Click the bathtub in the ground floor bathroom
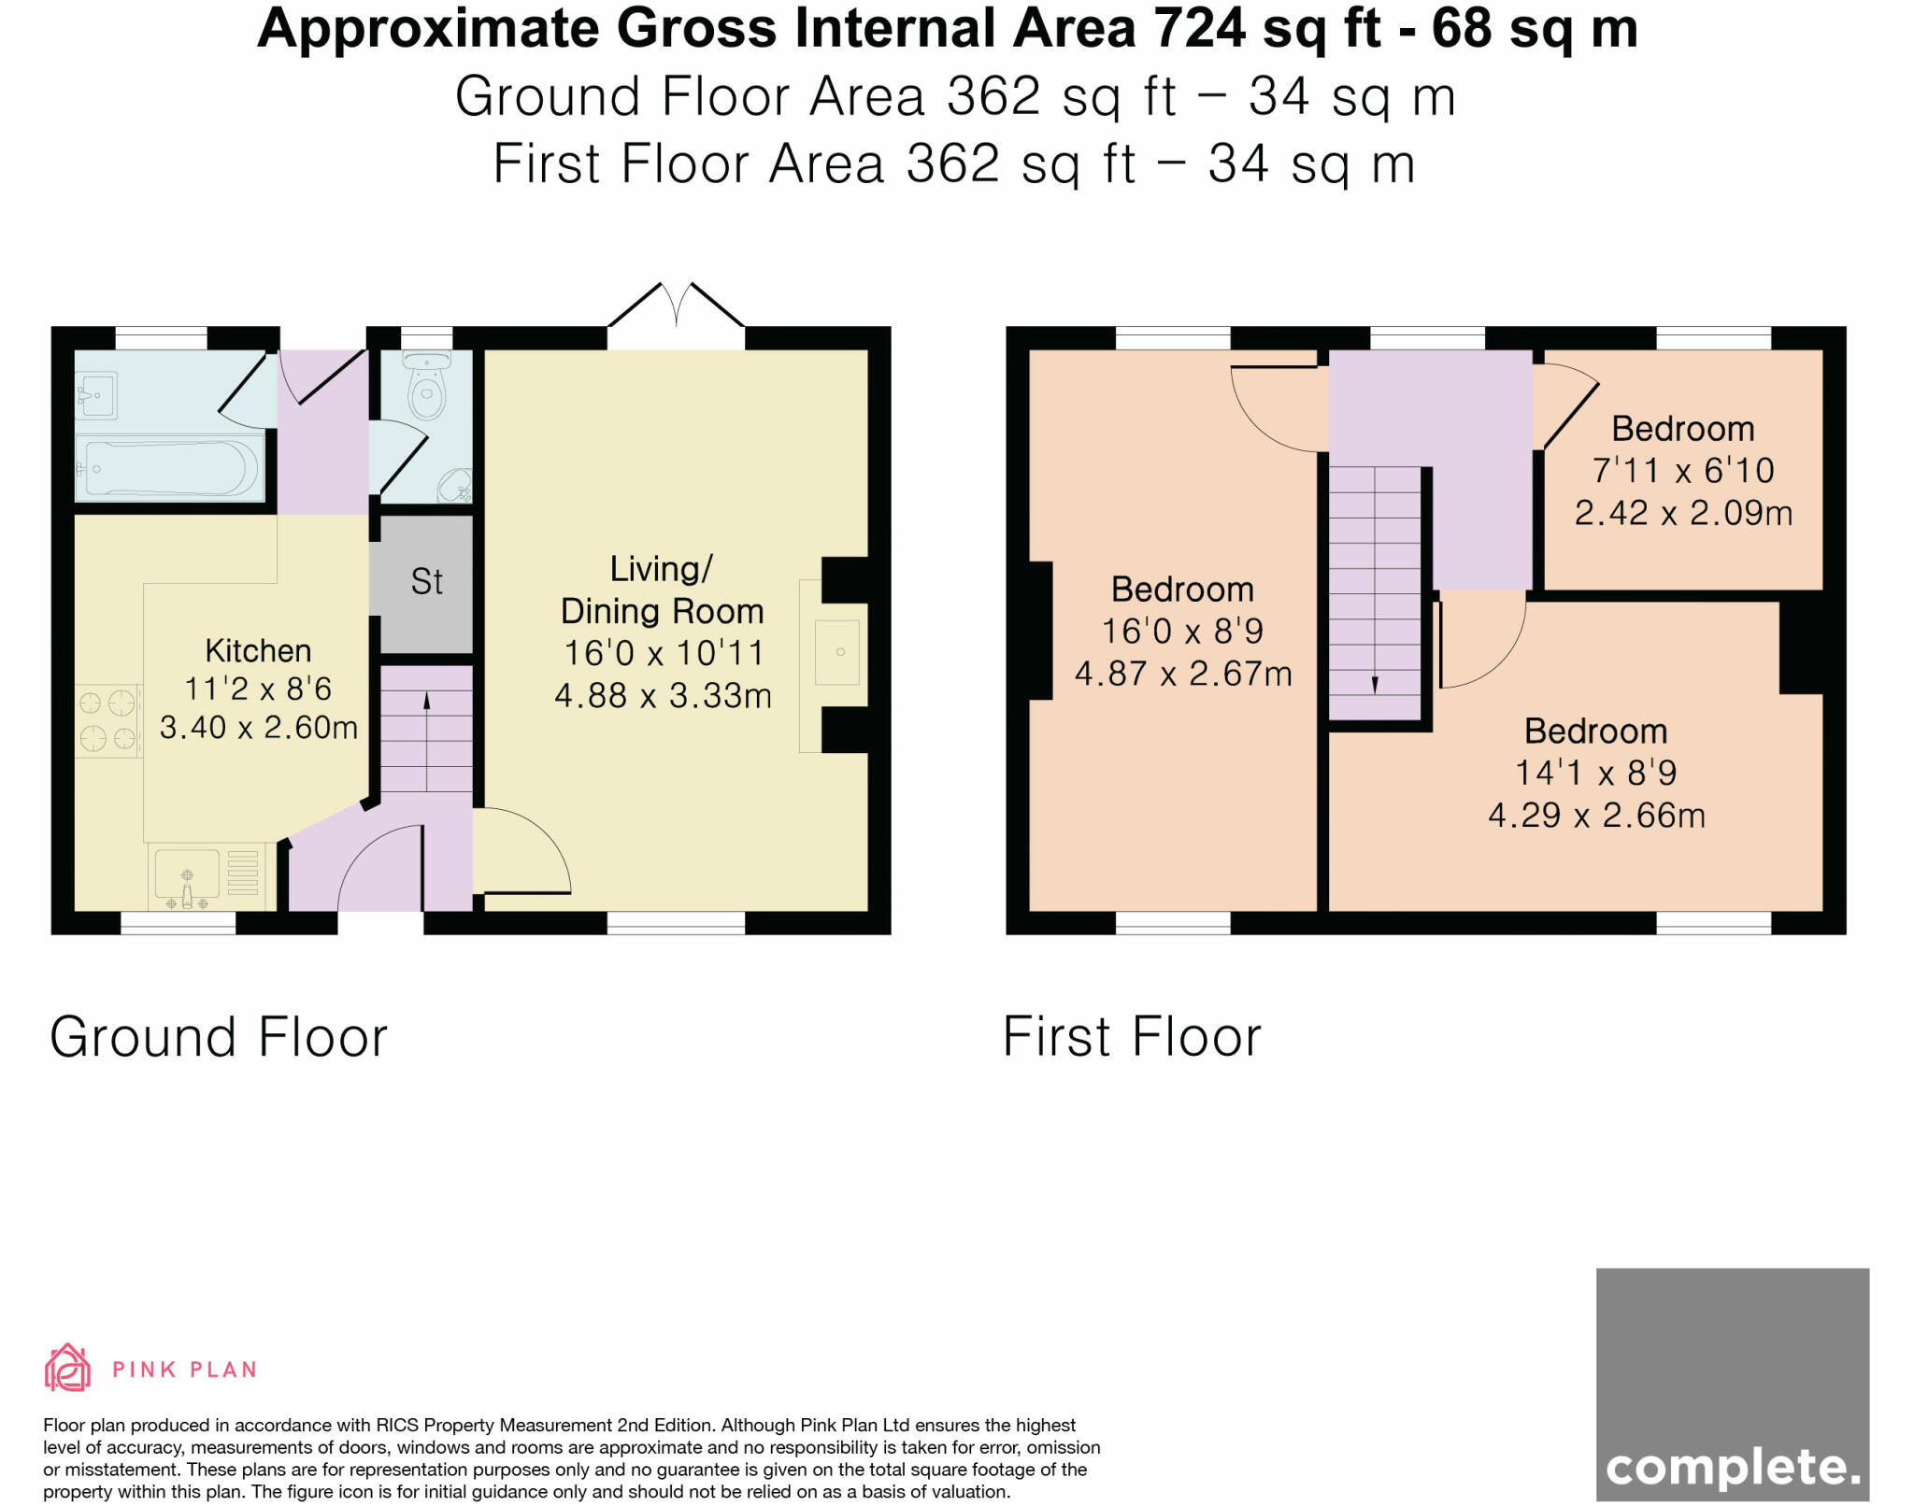click(x=170, y=468)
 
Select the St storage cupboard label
click(x=426, y=582)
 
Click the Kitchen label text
click(x=258, y=650)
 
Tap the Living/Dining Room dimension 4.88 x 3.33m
click(x=663, y=695)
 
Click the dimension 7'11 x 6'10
click(x=1683, y=470)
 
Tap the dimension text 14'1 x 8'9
click(x=1595, y=773)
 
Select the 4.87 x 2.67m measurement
click(x=1183, y=674)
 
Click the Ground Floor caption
click(x=219, y=1037)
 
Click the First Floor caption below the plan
click(x=1132, y=1037)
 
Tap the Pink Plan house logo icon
click(x=67, y=1368)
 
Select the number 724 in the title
click(x=1199, y=28)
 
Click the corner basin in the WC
click(x=458, y=486)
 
